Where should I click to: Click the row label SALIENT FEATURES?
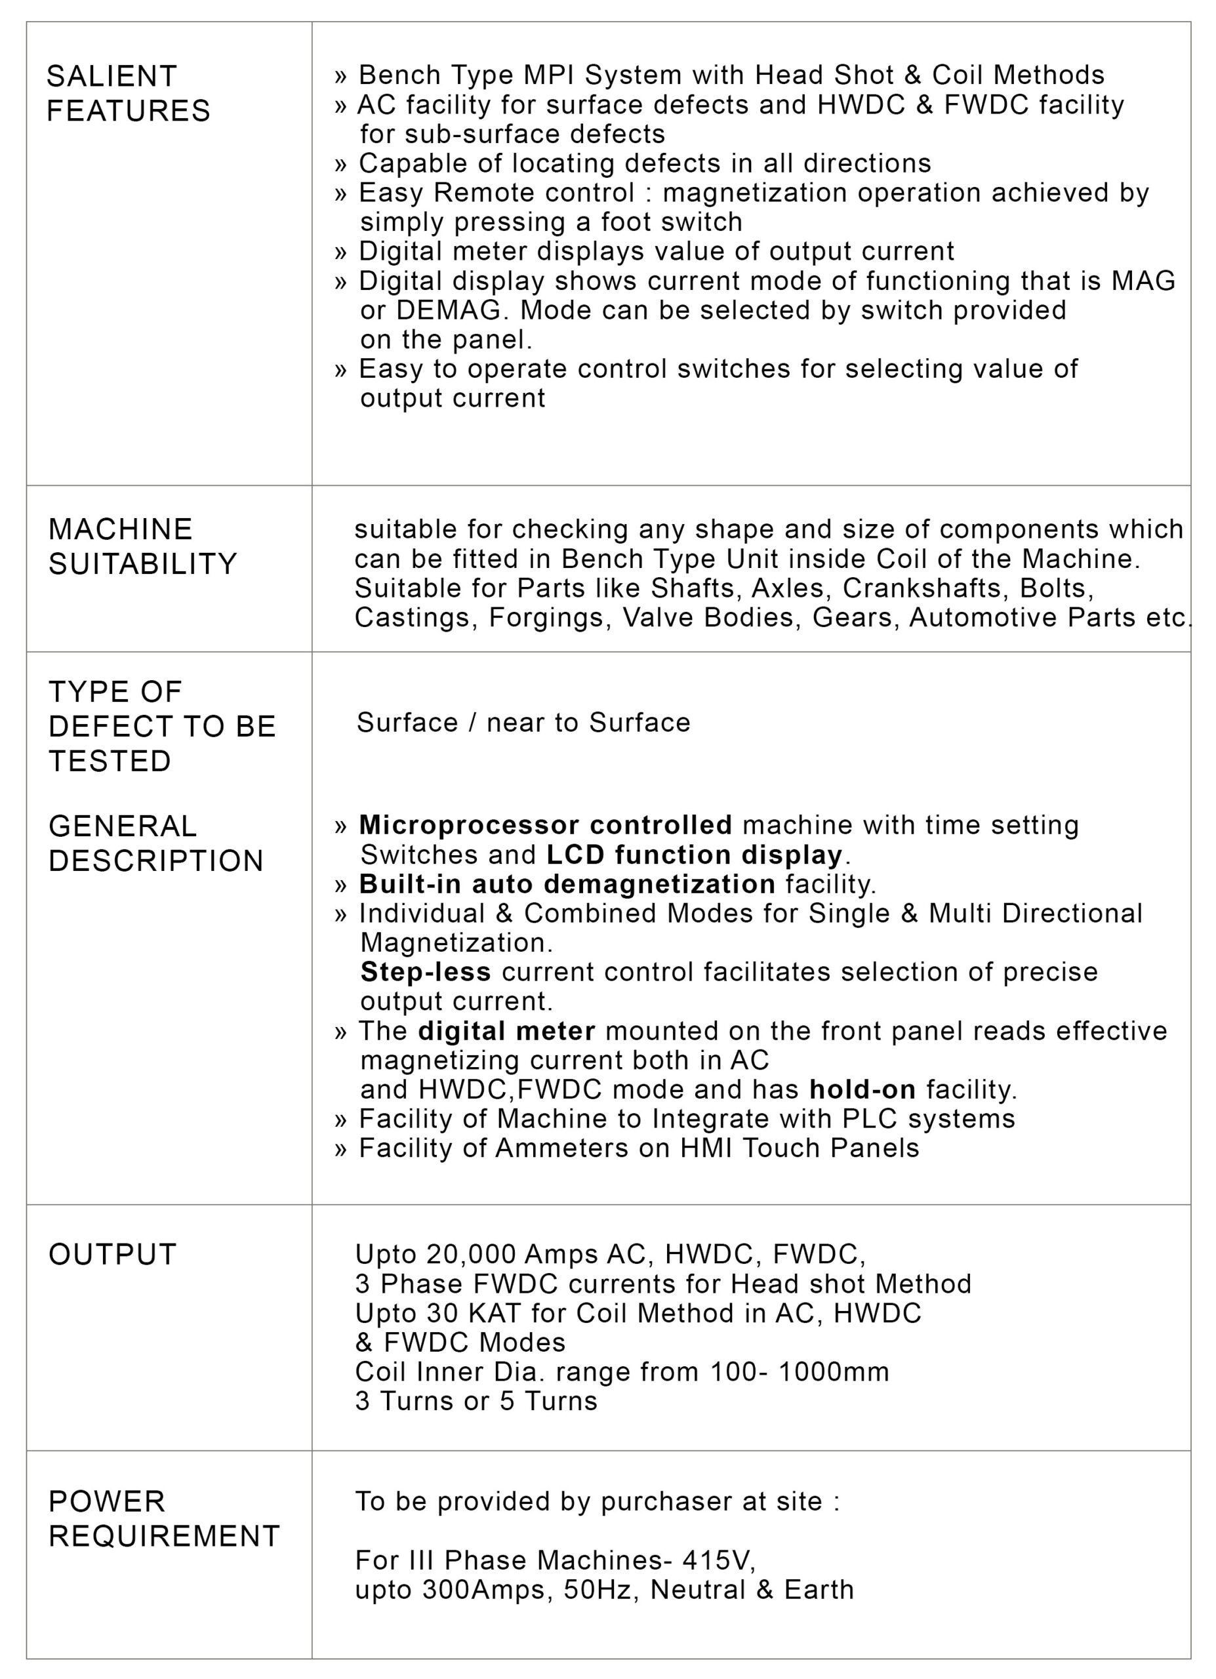(128, 93)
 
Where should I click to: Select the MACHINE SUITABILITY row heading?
(142, 546)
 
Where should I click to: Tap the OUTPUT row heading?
(113, 1254)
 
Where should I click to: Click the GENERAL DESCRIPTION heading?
(155, 843)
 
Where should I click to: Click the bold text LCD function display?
(694, 855)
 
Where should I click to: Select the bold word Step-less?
(426, 971)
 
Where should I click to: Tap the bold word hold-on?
(862, 1089)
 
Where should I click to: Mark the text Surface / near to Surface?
(523, 723)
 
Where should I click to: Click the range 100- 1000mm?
(800, 1372)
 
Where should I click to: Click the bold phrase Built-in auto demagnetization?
(567, 884)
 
